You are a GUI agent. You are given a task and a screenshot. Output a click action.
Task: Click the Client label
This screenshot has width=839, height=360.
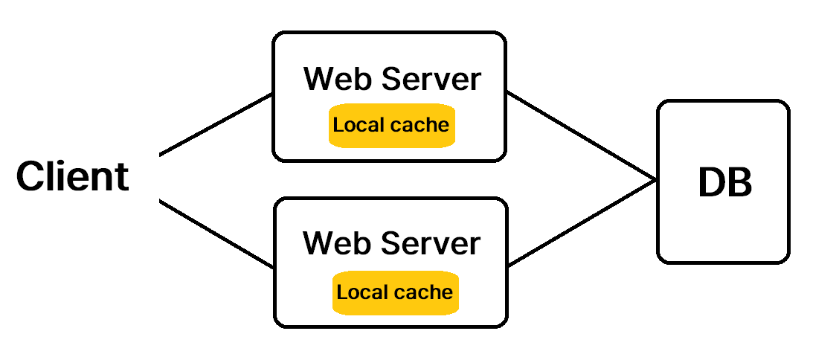73,177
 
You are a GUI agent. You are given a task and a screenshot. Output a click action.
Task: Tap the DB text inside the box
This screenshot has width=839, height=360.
724,182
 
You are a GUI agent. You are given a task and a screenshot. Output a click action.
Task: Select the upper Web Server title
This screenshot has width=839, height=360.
392,79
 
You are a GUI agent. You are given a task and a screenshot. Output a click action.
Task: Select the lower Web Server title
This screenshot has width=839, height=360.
392,243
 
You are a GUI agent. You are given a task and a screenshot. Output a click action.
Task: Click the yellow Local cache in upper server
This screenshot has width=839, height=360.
391,125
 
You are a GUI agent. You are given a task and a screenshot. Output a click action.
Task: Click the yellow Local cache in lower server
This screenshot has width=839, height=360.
395,292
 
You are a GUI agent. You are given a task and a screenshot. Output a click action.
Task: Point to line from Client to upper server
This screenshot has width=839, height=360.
216,125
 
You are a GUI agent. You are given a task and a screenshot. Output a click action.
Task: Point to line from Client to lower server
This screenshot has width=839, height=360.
216,234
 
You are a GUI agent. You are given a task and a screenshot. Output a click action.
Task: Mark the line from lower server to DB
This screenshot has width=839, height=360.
580,222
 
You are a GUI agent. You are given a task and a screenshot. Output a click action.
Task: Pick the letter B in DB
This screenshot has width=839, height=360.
739,182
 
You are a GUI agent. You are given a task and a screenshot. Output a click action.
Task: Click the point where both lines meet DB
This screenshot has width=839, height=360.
655,180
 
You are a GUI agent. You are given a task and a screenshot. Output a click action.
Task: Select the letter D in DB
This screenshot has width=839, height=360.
710,182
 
